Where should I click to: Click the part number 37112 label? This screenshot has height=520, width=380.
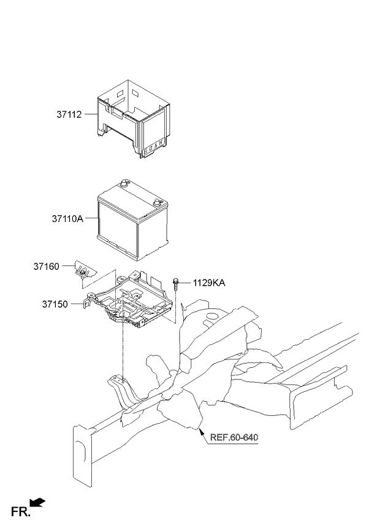point(69,115)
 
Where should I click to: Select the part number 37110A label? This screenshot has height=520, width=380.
point(67,219)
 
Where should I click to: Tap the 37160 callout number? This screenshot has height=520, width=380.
point(46,266)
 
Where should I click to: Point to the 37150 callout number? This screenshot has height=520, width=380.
point(55,304)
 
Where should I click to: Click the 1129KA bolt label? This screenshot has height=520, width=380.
point(209,283)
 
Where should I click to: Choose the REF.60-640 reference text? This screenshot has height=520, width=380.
point(234,437)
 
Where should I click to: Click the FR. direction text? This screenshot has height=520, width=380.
point(20,511)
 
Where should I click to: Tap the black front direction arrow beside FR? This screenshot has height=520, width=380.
point(37,503)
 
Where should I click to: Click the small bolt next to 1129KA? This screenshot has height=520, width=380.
point(175,284)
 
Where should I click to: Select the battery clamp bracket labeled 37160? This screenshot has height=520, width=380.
point(85,270)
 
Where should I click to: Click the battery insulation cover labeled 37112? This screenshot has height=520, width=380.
point(134,118)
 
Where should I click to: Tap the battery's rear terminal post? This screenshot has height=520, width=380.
point(124,183)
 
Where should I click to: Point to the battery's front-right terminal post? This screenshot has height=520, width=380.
point(157,202)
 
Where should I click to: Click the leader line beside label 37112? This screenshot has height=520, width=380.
point(91,115)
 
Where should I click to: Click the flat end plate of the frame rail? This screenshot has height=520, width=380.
point(82,456)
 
